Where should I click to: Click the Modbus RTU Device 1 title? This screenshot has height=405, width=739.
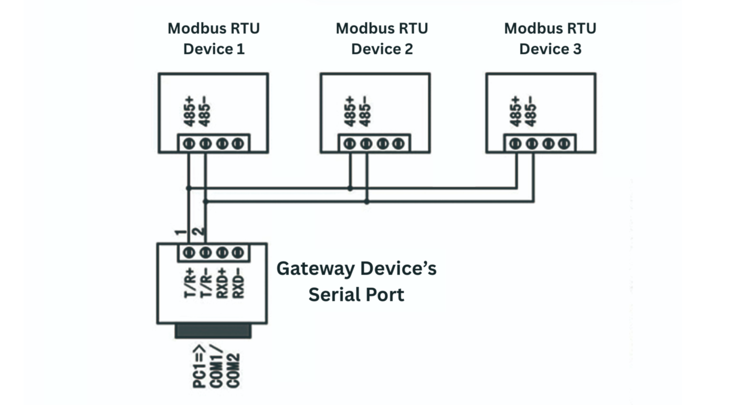pos(213,39)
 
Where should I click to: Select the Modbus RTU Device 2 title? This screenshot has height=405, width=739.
pos(382,39)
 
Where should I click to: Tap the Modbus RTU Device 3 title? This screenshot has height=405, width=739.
pos(550,39)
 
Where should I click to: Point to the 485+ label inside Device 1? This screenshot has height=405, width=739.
pos(189,112)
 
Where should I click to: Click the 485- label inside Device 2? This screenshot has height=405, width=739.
pos(365,112)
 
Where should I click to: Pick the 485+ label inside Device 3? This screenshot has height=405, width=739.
pos(515,112)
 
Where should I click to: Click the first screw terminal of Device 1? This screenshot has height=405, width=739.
pos(189,143)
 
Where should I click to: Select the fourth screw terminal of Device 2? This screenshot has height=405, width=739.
pos(399,143)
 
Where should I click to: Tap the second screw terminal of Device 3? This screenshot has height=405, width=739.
pos(532,143)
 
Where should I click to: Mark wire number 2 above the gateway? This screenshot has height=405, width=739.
pos(198,232)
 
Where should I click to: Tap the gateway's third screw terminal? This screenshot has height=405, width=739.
pos(222,253)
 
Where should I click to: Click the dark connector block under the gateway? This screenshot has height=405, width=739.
pos(213,331)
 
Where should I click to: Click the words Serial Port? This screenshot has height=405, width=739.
pos(356,295)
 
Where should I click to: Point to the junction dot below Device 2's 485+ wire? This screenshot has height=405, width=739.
pos(350,188)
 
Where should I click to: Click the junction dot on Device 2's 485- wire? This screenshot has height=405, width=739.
pos(367,201)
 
